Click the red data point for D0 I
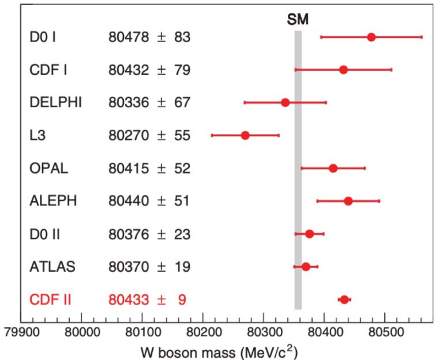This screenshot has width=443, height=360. coord(371,37)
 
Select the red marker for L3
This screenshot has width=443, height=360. coord(245,135)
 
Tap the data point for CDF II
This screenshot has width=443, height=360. coord(344,299)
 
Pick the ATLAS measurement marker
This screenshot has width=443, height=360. coord(306,267)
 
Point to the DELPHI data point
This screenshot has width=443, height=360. coord(285,102)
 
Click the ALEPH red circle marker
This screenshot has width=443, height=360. coord(348,201)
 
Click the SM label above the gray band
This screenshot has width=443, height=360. coord(298,20)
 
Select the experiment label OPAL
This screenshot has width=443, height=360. coord(49,168)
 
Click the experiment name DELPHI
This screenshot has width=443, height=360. coord(55,103)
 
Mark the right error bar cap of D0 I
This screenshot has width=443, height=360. coord(422,37)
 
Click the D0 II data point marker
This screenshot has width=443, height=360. coord(309,234)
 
